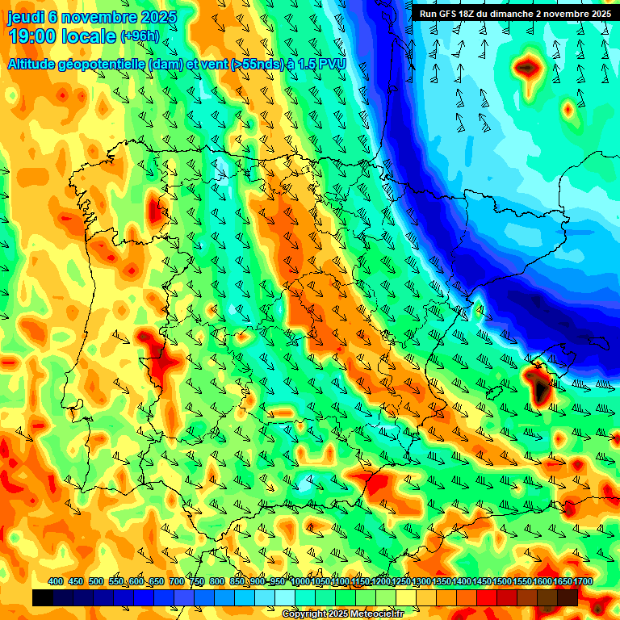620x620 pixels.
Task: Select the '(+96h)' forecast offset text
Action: (140, 36)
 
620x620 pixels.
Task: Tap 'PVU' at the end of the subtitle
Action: (332, 64)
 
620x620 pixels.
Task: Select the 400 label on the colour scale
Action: (56, 581)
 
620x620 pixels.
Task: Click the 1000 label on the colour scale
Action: (300, 581)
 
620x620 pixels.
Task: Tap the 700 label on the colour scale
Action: (177, 581)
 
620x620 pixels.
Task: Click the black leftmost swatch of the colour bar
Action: (43, 597)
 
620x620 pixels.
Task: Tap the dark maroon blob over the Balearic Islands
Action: (539, 384)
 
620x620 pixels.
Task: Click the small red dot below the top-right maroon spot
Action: (568, 107)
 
